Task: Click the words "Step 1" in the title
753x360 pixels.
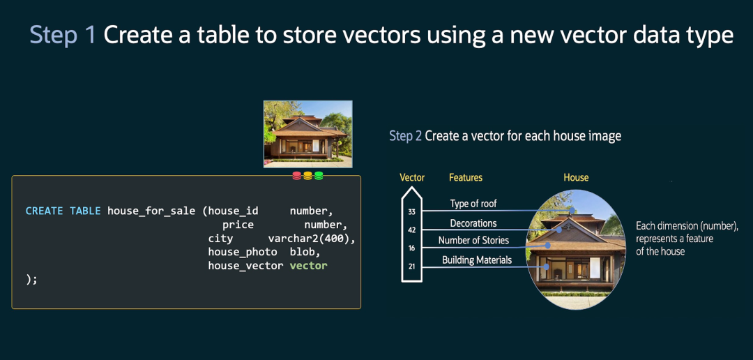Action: tap(63, 35)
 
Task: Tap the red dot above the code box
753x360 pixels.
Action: tap(297, 176)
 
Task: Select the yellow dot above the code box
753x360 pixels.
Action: tap(308, 176)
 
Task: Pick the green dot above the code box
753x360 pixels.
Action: tap(319, 176)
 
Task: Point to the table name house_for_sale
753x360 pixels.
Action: tap(151, 211)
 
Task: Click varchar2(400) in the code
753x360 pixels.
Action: tap(312, 239)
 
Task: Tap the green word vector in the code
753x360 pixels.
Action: tap(308, 266)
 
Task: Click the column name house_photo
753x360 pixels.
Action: tap(243, 253)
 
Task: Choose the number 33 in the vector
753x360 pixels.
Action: tap(411, 211)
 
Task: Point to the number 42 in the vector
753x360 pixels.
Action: tap(411, 230)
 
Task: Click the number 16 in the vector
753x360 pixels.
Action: tap(411, 248)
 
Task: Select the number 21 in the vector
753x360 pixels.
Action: tap(411, 267)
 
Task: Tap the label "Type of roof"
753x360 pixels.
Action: tap(473, 204)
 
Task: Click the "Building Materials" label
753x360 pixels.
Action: tap(477, 260)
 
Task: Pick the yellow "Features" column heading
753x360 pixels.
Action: tap(466, 178)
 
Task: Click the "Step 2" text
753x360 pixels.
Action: tap(405, 136)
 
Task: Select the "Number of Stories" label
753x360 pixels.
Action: tap(473, 240)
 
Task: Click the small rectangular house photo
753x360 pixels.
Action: tap(308, 134)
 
